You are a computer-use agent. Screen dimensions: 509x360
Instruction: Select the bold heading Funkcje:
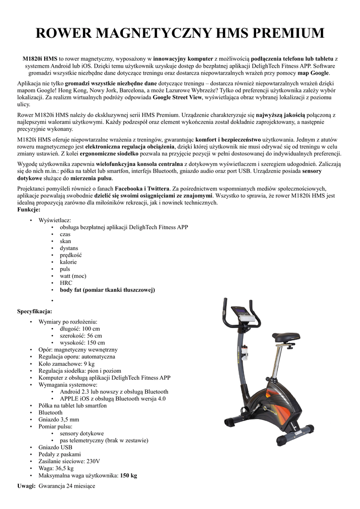coord(29,210)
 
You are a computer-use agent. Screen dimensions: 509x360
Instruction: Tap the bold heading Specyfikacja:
coord(35,311)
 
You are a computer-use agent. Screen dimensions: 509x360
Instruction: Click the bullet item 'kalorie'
coord(69,262)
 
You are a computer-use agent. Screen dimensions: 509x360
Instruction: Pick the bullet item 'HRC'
coord(66,283)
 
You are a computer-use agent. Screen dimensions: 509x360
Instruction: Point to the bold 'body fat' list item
coord(107,290)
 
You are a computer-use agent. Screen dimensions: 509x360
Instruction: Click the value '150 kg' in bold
coord(128,475)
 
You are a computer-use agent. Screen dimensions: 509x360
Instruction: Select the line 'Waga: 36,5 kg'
coord(56,468)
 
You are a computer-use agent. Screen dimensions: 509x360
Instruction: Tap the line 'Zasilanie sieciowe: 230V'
coord(70,461)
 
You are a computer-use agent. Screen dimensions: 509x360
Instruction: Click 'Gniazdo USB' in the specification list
coord(55,447)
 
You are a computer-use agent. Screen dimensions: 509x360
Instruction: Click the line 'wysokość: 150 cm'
coord(83,342)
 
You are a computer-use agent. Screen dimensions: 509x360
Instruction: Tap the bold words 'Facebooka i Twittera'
coord(142,189)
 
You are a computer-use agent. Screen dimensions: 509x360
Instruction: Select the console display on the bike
coord(245,312)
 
